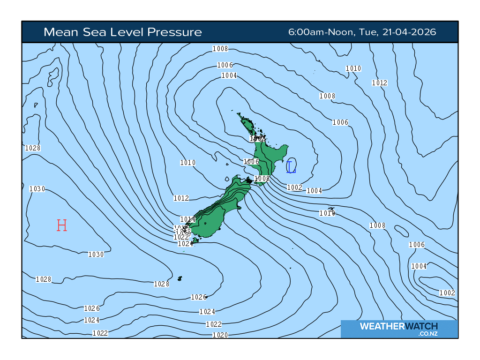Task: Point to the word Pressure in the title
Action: coord(175,32)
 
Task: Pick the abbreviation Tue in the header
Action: coord(367,32)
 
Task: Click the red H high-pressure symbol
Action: coord(61,225)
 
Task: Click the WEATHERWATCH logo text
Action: coord(398,326)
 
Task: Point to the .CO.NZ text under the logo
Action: coord(427,334)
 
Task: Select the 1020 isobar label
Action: coord(220,335)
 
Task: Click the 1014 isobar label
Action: coord(188,219)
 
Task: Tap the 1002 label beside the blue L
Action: coord(294,187)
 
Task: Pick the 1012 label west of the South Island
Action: coord(181,198)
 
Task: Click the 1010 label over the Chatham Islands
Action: coord(327,213)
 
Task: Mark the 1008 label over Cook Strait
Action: coord(262,179)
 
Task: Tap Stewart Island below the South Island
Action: coord(195,240)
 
